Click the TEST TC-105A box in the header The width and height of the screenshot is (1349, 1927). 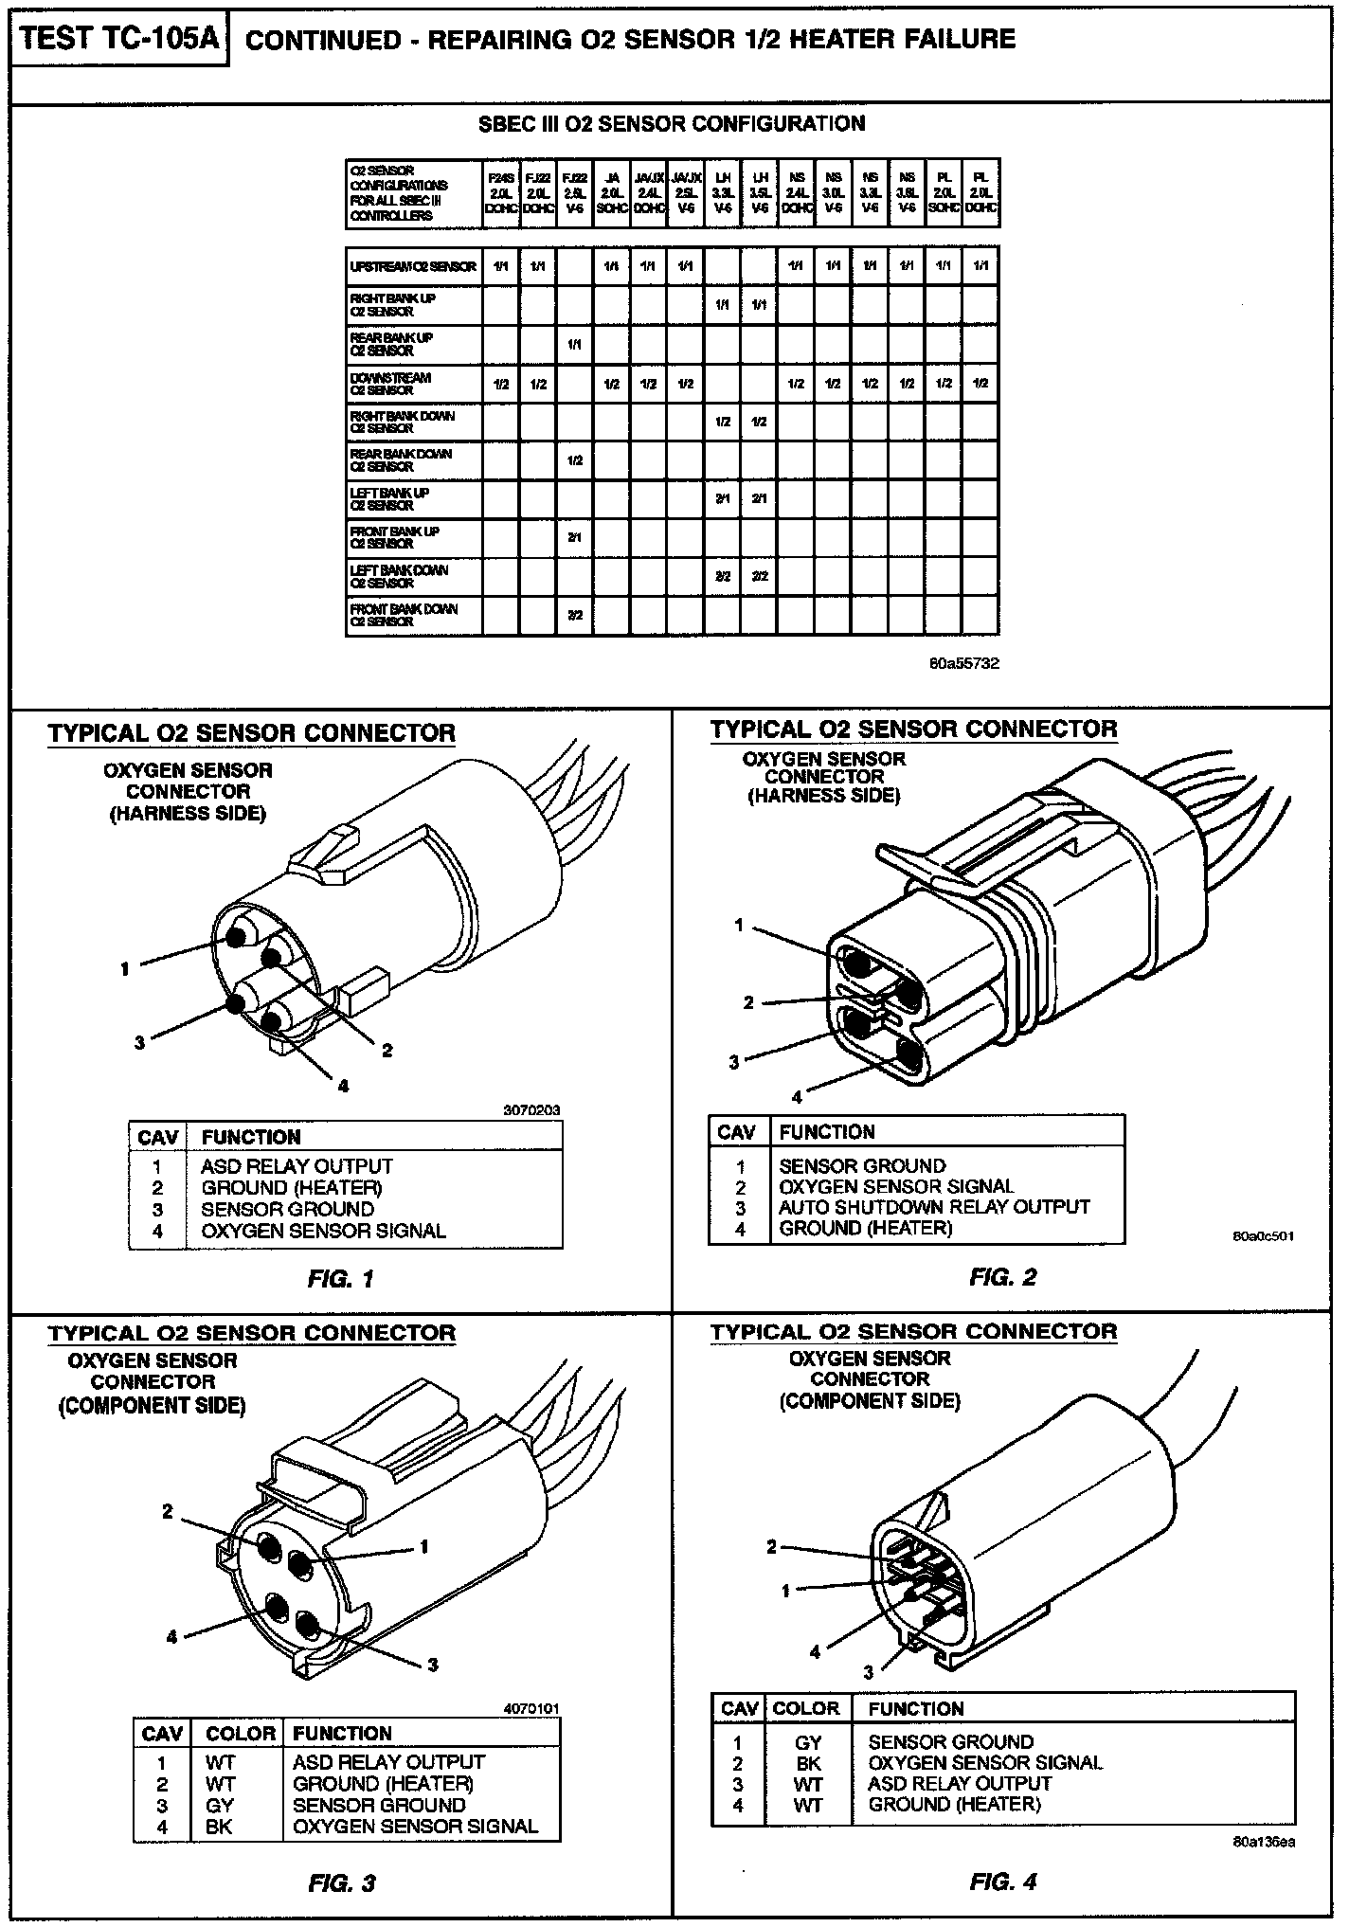click(119, 40)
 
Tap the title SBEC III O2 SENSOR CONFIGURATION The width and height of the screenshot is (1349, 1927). click(672, 124)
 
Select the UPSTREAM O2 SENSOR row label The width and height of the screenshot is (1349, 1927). click(413, 267)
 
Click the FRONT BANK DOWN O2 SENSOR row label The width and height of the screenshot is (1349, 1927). click(404, 615)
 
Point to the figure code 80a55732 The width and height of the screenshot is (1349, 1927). click(964, 663)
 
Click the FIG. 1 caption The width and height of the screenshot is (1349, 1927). click(341, 1279)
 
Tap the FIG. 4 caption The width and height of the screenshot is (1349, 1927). click(1003, 1881)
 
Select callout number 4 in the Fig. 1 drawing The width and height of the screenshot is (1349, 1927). click(343, 1086)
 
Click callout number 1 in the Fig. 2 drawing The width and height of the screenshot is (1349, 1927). click(740, 925)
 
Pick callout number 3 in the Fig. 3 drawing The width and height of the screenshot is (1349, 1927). click(432, 1665)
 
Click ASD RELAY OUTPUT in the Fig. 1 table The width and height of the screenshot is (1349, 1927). click(297, 1166)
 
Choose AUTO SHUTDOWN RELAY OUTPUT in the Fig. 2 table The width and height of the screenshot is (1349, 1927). click(934, 1207)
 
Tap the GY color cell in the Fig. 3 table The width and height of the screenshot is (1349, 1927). click(219, 1805)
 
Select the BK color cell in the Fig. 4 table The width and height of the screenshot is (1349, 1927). click(808, 1763)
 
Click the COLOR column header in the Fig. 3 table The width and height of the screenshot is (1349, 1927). click(241, 1733)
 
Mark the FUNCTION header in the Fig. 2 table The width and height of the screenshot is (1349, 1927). click(827, 1132)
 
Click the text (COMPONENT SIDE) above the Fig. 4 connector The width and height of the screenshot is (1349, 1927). click(870, 1400)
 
